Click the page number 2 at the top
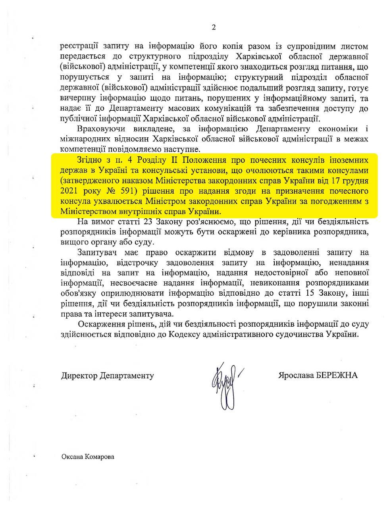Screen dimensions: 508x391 click(x=214, y=27)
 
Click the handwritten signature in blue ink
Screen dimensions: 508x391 click(x=226, y=383)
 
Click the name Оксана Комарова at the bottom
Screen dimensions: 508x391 click(x=87, y=457)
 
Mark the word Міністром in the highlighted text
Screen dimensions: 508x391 click(x=164, y=201)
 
